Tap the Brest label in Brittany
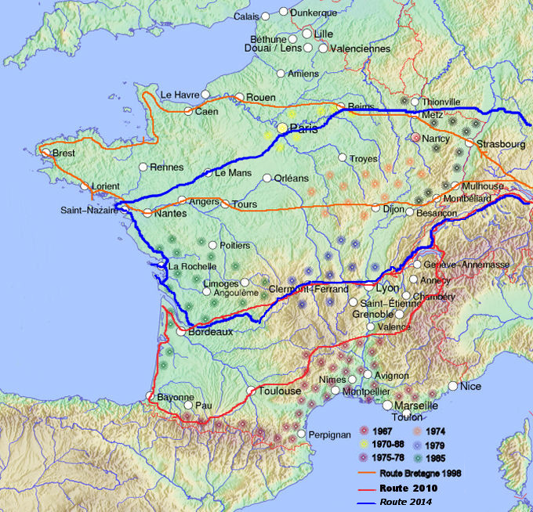tap(63, 153)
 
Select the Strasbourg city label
tap(501, 144)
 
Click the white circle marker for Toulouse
tap(252, 390)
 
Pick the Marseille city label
tap(416, 406)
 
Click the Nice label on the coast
tap(471, 386)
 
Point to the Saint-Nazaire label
tap(89, 210)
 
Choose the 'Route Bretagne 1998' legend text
tap(420, 474)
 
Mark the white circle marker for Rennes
tap(143, 167)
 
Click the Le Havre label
tap(180, 95)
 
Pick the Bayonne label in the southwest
tap(176, 397)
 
